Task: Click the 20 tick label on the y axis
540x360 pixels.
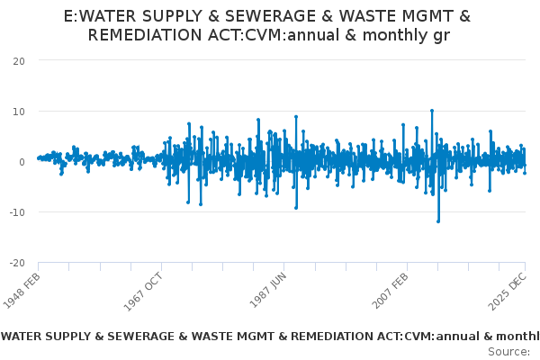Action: coord(18,60)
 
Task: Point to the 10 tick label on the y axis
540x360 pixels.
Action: coord(18,111)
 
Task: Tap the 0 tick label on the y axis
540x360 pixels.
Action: coord(22,162)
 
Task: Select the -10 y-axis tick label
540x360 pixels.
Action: coord(16,212)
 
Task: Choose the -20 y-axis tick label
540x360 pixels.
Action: coord(16,263)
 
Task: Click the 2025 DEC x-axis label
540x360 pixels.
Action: coord(511,290)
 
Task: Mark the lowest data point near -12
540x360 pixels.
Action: coord(438,221)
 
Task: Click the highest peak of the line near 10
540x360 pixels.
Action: coord(432,111)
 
